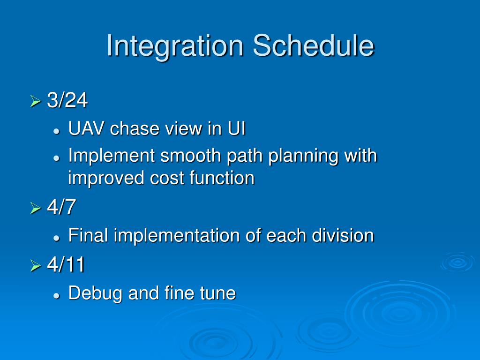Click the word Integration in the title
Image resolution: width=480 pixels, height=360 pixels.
tap(175, 46)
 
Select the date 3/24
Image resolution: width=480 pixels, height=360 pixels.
tap(67, 100)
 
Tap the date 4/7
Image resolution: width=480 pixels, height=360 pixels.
tap(61, 206)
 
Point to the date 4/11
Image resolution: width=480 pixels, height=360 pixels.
tap(66, 264)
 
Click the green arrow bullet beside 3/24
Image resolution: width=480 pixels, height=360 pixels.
tap(36, 101)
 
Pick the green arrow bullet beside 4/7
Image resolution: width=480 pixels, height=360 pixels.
tap(36, 208)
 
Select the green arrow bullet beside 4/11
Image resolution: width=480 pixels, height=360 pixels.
tap(36, 266)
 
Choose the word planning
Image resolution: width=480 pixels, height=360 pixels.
tap(303, 157)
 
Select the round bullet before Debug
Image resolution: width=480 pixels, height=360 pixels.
tap(56, 296)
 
